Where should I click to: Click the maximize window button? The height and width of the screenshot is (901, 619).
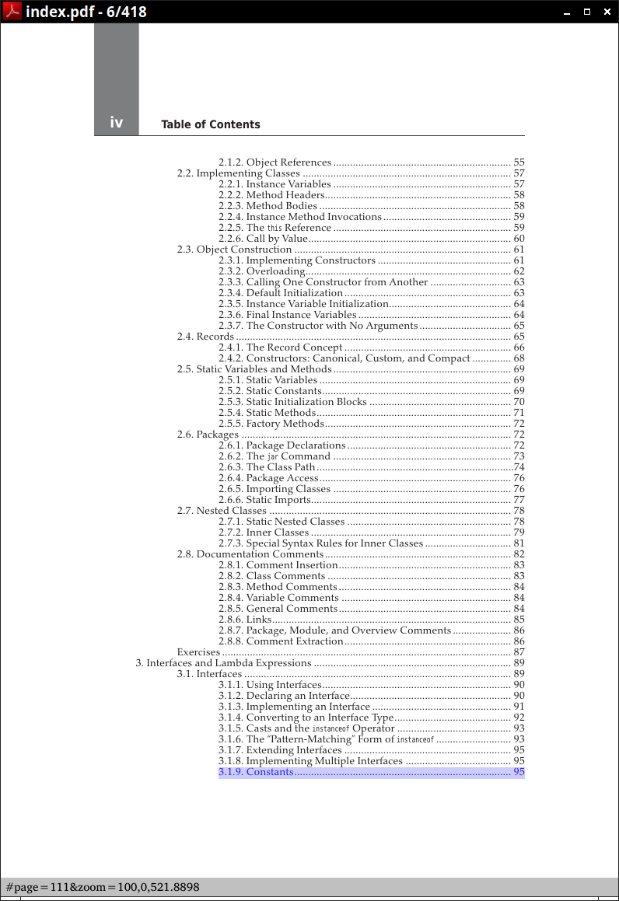point(587,12)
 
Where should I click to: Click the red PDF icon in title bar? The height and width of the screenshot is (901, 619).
point(12,12)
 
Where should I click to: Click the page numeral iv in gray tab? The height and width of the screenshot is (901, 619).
point(117,123)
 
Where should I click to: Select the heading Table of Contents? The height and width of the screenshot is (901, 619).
point(211,124)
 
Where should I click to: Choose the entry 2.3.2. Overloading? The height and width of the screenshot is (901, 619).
point(275,271)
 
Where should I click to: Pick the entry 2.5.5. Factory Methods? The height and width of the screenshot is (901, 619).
point(285,424)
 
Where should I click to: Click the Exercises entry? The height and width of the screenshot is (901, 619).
point(198,652)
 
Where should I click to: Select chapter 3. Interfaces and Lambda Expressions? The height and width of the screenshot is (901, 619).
point(224,663)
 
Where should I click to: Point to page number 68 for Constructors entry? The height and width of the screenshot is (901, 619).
point(519,358)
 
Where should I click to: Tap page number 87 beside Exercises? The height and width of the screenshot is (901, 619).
point(519,652)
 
